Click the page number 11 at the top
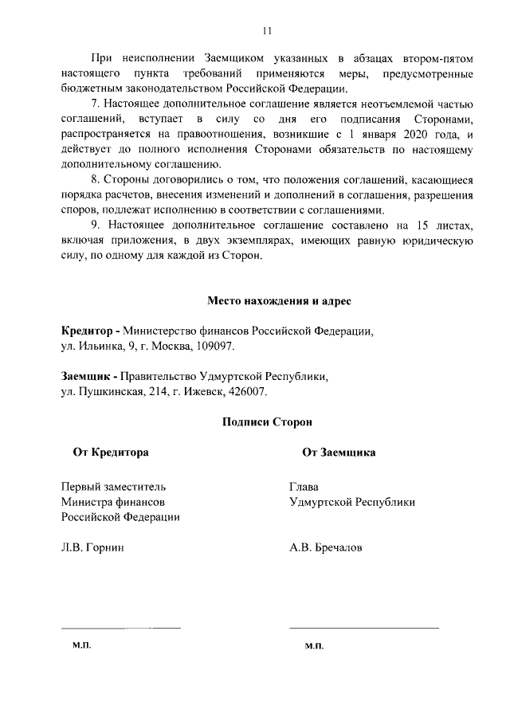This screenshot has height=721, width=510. point(267,30)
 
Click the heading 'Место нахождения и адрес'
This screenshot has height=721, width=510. point(267,300)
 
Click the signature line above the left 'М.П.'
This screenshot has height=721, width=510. point(121,628)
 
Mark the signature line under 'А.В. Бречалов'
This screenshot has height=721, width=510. point(363,628)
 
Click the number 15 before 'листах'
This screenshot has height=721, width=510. point(423,225)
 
